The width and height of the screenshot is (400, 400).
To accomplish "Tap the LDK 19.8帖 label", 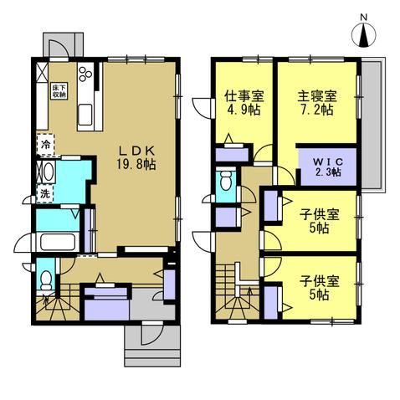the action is [136, 158].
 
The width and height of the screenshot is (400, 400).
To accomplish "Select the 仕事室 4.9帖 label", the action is [244, 103].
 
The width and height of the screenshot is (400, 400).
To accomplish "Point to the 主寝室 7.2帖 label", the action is [317, 103].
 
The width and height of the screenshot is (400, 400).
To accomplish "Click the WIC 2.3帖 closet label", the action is [328, 167].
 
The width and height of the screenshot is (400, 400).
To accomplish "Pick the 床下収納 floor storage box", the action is [59, 90].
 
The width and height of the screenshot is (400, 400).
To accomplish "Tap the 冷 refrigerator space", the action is [45, 145].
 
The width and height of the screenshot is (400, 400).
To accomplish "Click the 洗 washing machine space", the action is [44, 194].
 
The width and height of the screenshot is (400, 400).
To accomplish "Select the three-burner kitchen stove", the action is [85, 74].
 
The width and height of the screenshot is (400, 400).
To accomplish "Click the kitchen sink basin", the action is [85, 115].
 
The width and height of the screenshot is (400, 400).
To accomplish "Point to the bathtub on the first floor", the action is [58, 242].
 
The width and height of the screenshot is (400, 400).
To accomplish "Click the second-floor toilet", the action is [226, 181].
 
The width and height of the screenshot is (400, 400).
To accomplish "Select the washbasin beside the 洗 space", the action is [48, 172].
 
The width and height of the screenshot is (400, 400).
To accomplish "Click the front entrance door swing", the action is [151, 333].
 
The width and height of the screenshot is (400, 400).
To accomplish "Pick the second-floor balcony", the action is [373, 125].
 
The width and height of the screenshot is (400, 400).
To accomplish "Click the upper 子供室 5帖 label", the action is [320, 222].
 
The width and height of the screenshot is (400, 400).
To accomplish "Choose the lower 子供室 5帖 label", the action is [320, 288].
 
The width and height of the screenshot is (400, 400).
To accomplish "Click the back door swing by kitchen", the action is [59, 48].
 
